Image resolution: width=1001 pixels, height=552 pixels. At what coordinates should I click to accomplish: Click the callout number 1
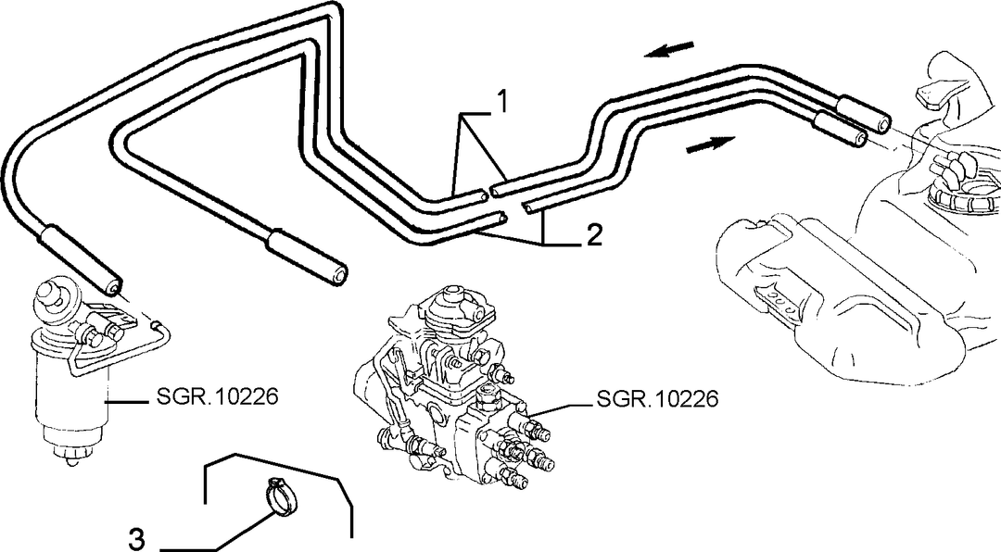(x=502, y=101)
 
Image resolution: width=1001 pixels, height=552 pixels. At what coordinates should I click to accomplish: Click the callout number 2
(x=593, y=236)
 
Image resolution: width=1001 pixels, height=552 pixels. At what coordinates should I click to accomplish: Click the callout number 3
(x=135, y=539)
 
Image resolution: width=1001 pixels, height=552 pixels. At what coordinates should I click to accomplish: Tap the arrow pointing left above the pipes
(x=670, y=49)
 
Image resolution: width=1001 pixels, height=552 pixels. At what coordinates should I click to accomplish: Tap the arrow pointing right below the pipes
(x=710, y=144)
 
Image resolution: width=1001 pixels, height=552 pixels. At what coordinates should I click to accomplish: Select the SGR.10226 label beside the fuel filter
(x=217, y=397)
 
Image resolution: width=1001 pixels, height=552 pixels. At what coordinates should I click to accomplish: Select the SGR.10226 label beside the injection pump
(x=657, y=399)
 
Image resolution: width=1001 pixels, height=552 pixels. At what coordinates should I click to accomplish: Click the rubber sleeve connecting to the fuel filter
(x=81, y=259)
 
